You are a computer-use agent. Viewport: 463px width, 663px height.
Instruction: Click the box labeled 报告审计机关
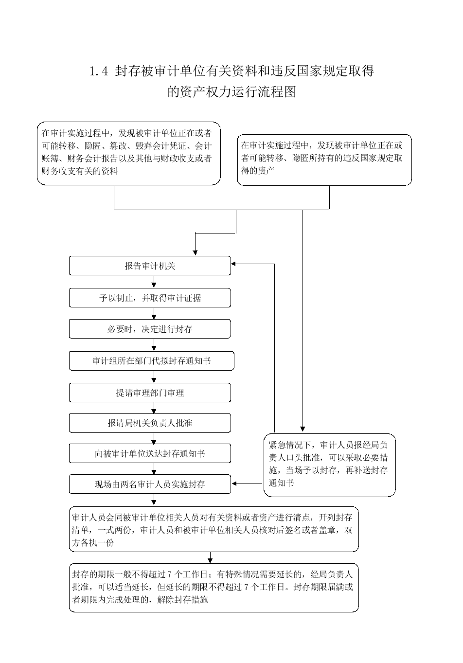[150, 266]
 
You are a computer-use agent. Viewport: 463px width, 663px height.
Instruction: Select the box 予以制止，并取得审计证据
[150, 298]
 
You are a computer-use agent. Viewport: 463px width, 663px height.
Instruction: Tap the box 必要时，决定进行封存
[150, 328]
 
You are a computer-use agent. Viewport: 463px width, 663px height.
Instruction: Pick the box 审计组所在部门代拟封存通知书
[151, 360]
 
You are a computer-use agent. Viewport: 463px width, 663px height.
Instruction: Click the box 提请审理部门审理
[150, 393]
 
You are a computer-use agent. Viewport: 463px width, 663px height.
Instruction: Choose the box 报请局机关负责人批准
[150, 423]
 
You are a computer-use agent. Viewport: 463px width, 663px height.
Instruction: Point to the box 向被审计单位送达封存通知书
[150, 453]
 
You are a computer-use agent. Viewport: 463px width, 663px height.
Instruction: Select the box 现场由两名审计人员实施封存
[150, 484]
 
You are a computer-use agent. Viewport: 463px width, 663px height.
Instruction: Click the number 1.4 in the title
[99, 72]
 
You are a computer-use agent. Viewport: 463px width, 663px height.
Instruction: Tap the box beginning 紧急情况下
[330, 465]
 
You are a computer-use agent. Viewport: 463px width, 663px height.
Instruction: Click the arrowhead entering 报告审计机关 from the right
[233, 264]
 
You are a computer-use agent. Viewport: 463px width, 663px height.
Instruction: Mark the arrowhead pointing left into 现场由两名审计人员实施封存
[234, 484]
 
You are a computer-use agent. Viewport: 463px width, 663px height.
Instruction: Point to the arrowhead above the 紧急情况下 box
[303, 429]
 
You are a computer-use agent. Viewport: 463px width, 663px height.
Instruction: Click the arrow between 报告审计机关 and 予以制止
[154, 282]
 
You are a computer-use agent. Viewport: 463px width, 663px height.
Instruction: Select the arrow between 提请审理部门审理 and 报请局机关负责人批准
[154, 408]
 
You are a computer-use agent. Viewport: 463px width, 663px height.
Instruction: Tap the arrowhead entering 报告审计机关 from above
[195, 252]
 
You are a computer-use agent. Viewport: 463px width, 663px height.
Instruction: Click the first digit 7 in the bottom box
[170, 574]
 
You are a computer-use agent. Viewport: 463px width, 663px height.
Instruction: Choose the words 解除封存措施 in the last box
[182, 599]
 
